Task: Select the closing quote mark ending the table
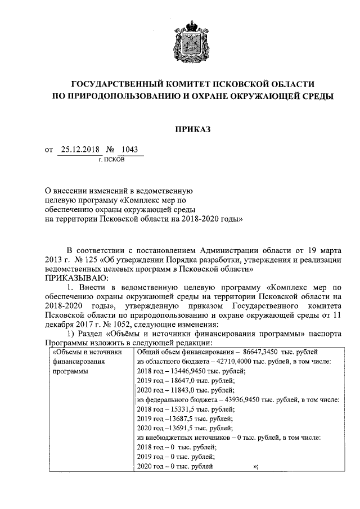(256, 466)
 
